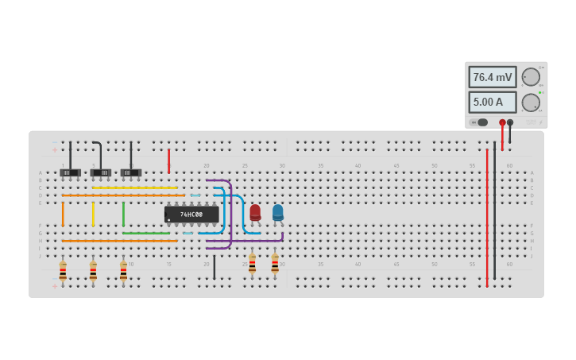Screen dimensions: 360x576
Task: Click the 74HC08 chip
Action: tap(191, 215)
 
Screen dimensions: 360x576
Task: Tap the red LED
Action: tap(255, 212)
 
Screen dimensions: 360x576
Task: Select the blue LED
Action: tap(277, 212)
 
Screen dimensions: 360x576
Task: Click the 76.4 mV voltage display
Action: tap(493, 77)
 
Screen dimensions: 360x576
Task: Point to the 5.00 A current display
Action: tap(493, 102)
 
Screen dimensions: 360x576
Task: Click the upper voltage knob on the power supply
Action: tap(530, 77)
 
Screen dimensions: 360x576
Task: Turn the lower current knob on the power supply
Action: tap(530, 103)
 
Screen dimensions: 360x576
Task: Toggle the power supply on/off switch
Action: tap(479, 122)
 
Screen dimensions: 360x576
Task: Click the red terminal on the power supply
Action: tap(502, 122)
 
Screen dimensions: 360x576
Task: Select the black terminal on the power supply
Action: tap(510, 122)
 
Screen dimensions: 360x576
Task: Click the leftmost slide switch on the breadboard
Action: tap(70, 172)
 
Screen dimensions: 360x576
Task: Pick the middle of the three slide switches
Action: tap(101, 172)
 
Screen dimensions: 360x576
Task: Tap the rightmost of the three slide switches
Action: tap(131, 172)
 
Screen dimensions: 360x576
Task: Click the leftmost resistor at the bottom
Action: tap(63, 272)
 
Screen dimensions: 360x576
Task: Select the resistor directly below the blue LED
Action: tap(275, 264)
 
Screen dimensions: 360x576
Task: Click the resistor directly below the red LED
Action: tap(252, 264)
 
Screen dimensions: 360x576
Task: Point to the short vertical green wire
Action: tap(123, 215)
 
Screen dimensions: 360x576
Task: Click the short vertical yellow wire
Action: tap(93, 215)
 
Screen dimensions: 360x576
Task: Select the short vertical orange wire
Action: tap(63, 215)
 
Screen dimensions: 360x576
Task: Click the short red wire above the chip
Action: tap(168, 161)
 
